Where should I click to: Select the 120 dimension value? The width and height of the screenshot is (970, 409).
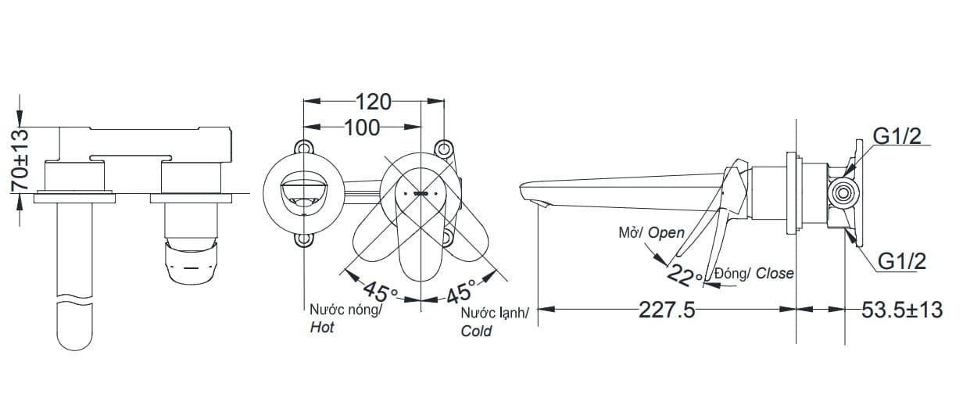[374, 102]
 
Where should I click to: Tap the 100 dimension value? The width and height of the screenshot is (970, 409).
[362, 127]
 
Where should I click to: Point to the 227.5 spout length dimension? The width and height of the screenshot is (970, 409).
[667, 310]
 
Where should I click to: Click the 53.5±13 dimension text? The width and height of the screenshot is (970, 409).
[902, 310]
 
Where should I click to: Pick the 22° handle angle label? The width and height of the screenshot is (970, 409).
[685, 275]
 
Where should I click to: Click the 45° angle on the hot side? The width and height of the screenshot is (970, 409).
[381, 293]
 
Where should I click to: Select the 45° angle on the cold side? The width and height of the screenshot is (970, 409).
[460, 292]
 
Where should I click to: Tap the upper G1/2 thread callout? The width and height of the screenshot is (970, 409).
[897, 137]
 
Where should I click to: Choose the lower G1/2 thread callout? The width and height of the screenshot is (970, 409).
[901, 261]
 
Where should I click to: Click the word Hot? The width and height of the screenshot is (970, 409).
[322, 328]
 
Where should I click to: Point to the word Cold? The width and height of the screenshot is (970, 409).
[476, 331]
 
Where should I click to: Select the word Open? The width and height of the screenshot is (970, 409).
[666, 232]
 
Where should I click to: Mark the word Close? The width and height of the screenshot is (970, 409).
[774, 273]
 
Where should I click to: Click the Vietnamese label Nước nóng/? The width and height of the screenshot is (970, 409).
[345, 310]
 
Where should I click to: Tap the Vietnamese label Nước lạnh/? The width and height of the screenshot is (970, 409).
[494, 313]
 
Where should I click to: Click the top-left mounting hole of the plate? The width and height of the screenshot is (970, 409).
[302, 147]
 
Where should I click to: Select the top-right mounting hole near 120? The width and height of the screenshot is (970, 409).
[443, 147]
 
